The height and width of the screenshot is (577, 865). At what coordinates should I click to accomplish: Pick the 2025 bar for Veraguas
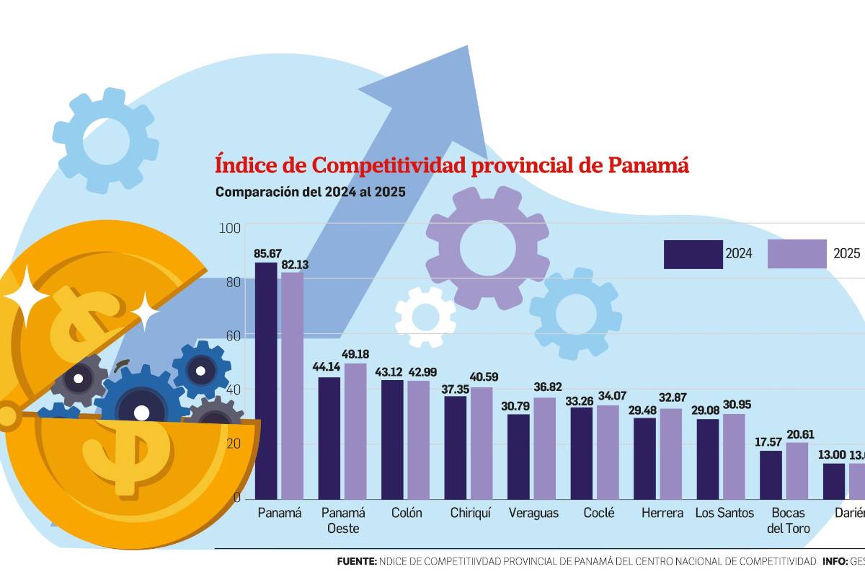coord(545,448)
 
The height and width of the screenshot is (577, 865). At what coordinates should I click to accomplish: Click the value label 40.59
coord(483,377)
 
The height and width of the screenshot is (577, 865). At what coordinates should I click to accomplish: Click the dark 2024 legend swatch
coord(693,254)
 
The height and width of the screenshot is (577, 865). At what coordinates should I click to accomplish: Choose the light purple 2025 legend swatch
coord(797,254)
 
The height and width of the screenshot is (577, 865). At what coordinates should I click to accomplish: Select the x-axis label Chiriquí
coord(471,513)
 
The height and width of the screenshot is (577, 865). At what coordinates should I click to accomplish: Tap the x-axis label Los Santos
coord(724,513)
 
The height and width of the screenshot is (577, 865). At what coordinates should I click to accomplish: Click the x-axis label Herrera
coord(662,513)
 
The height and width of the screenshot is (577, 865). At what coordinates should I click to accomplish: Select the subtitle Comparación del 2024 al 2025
coord(311,193)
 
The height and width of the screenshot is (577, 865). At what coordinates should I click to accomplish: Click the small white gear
coord(425,316)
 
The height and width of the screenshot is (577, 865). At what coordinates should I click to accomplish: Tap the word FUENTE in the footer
coord(357,560)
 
